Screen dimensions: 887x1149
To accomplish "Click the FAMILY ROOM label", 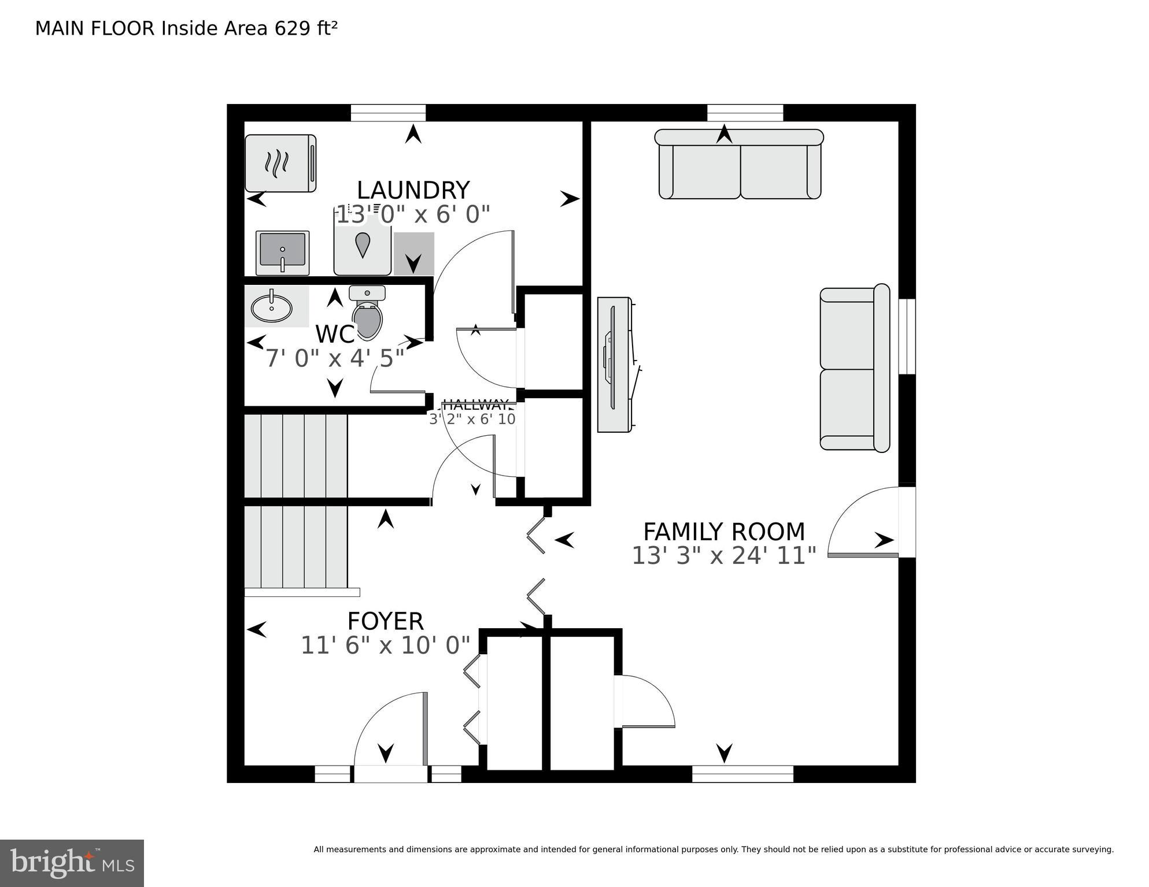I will tap(723, 531).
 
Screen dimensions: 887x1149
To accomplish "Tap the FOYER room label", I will tap(385, 621).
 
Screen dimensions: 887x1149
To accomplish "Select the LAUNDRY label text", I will tap(413, 190).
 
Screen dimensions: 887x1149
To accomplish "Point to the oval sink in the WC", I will tap(272, 307).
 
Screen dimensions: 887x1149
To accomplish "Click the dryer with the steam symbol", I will tap(280, 163).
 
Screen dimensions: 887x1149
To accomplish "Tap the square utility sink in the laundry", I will tap(282, 253).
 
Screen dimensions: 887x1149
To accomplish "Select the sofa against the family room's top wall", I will tap(739, 165).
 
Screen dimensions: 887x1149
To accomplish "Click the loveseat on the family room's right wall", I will tap(854, 369).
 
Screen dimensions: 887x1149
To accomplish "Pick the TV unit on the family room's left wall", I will tap(615, 364).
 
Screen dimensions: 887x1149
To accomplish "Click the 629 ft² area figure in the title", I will tap(306, 28).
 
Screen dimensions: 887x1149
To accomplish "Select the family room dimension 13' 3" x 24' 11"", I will tap(723, 556).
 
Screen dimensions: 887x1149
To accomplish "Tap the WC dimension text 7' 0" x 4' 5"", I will tap(334, 359).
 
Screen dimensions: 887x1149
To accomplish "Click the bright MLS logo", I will tap(72, 863).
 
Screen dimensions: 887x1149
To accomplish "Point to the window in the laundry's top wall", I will tap(388, 113).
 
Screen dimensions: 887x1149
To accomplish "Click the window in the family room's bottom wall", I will tap(742, 774).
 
